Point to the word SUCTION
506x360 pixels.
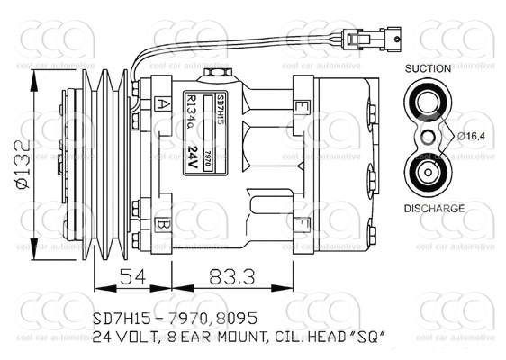click(429, 68)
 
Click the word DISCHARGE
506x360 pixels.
click(433, 208)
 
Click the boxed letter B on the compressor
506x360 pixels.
click(164, 223)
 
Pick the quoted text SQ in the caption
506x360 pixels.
click(369, 337)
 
